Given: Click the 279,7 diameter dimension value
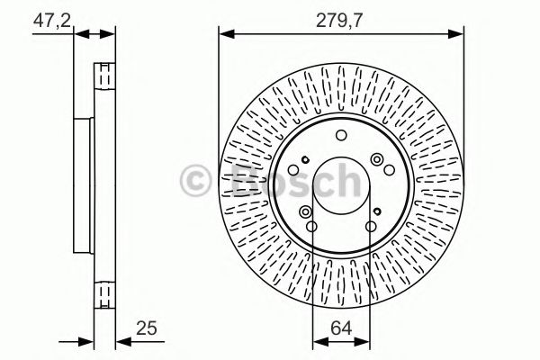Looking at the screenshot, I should pos(340,18).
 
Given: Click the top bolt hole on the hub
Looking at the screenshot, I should pos(340,136).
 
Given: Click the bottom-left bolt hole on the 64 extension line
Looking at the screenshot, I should pos(311,226).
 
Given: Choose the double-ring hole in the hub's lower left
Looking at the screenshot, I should pos(306,211).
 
